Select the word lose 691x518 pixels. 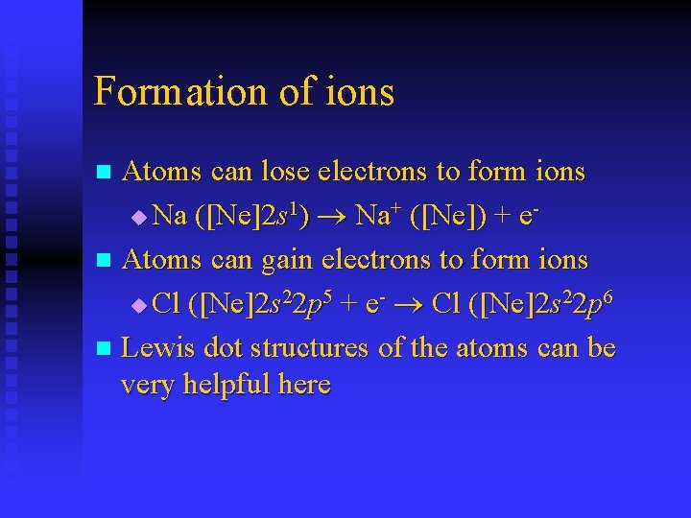pyautogui.click(x=288, y=172)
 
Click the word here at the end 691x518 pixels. pyautogui.click(x=304, y=386)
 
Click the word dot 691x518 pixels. pyautogui.click(x=225, y=347)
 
